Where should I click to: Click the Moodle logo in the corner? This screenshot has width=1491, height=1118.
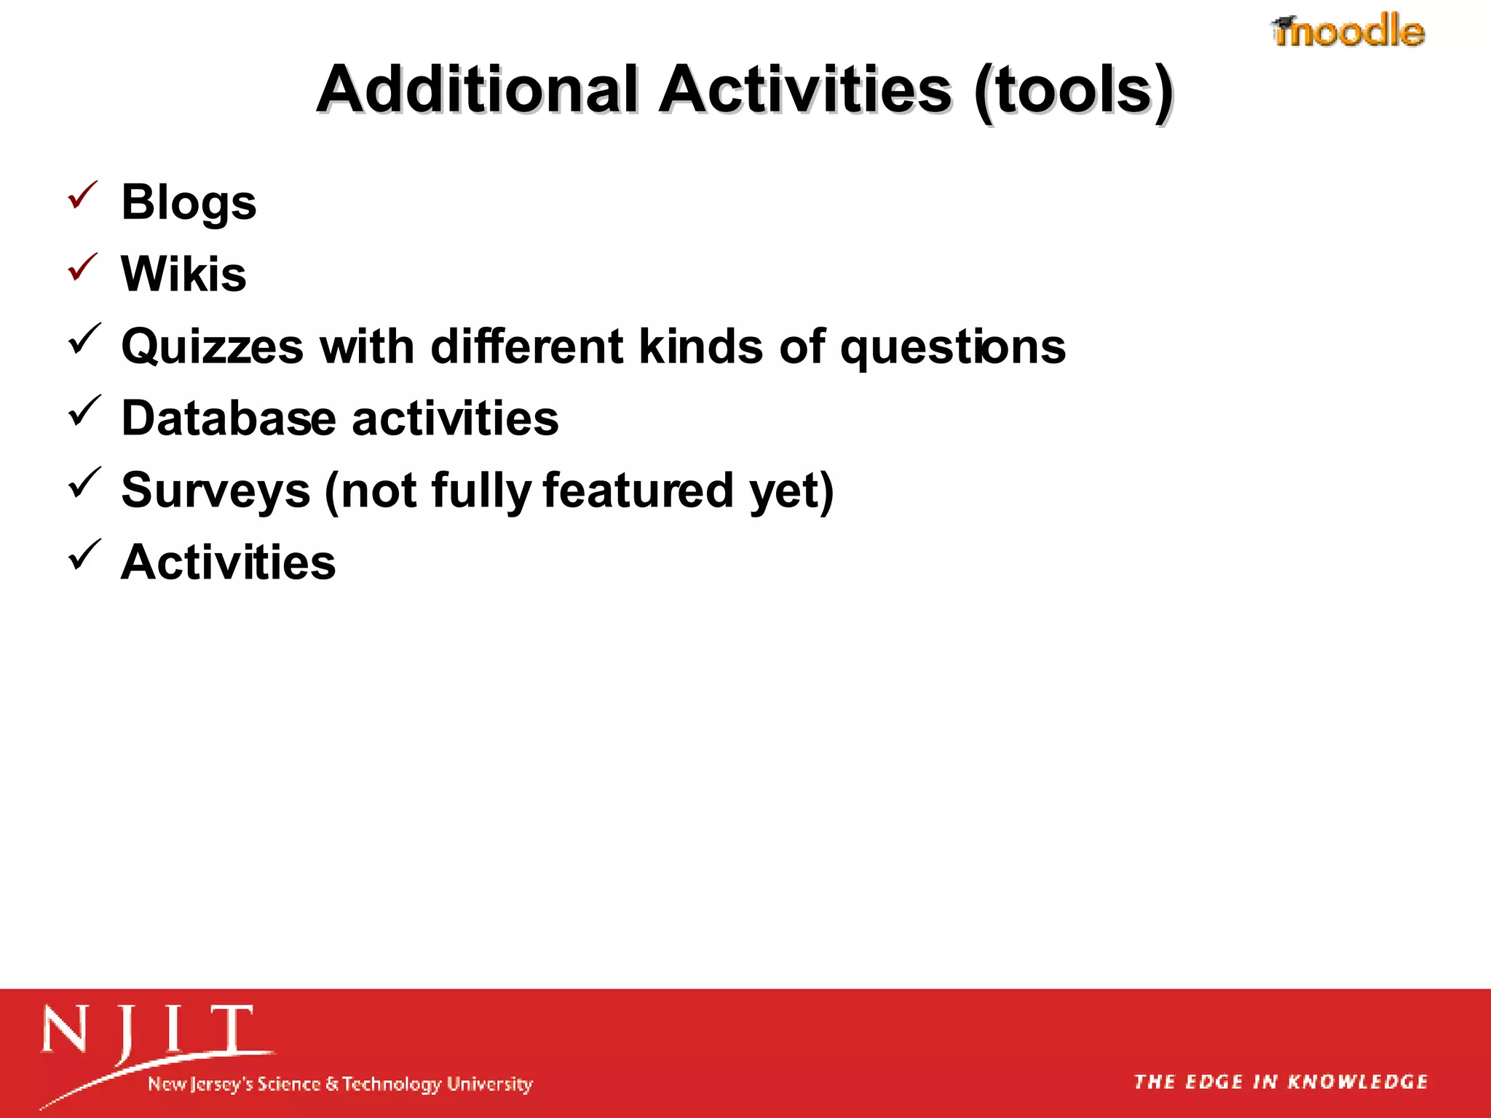pyautogui.click(x=1348, y=31)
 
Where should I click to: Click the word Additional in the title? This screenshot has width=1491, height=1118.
pyautogui.click(x=478, y=90)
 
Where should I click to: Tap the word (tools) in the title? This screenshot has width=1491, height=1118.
pyautogui.click(x=1073, y=92)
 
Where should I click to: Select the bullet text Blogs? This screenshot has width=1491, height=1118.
pyautogui.click(x=189, y=202)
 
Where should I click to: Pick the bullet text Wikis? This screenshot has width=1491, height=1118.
pyautogui.click(x=183, y=274)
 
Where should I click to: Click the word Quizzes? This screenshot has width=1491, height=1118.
pyautogui.click(x=212, y=346)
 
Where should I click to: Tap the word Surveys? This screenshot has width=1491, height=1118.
pyautogui.click(x=215, y=491)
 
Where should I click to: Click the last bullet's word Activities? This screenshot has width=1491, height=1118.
pyautogui.click(x=228, y=563)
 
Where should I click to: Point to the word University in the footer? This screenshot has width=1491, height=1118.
pyautogui.click(x=489, y=1084)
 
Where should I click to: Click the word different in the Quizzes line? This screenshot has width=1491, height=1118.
pyautogui.click(x=527, y=346)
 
